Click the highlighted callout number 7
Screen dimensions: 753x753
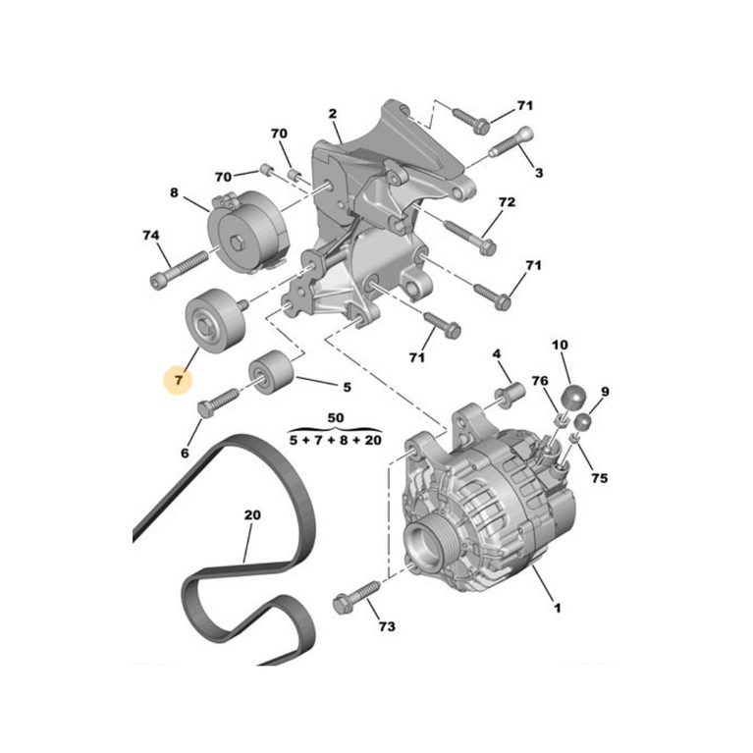[179, 380]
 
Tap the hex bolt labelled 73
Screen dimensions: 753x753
[355, 597]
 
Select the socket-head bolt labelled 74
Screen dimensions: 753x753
[179, 270]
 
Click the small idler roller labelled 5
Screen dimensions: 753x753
[270, 372]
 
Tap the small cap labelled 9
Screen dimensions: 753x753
[582, 421]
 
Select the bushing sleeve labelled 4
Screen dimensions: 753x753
[510, 395]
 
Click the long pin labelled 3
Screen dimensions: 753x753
[511, 142]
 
